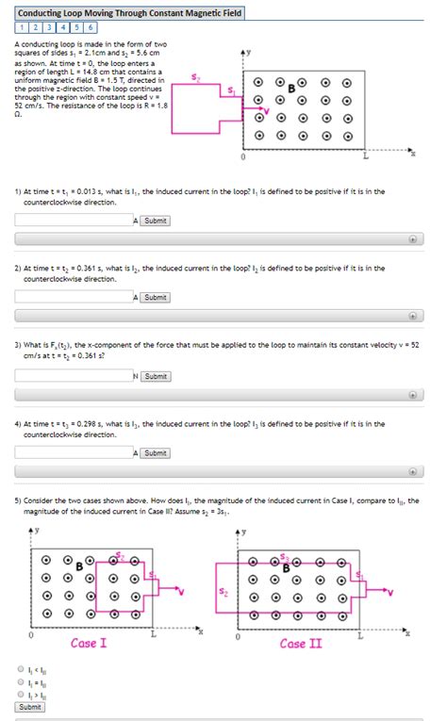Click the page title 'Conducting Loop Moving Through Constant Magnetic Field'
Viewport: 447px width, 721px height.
tap(129, 14)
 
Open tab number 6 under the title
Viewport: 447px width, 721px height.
tap(91, 28)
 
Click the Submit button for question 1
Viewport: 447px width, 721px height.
tap(156, 221)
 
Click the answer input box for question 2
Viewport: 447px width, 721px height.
tap(74, 297)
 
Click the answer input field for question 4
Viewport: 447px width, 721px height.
tap(74, 452)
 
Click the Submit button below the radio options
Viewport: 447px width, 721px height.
tap(30, 707)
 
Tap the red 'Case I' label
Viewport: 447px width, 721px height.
tap(89, 644)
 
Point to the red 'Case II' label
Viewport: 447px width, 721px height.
tap(300, 644)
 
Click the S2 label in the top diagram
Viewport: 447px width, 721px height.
tap(195, 78)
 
